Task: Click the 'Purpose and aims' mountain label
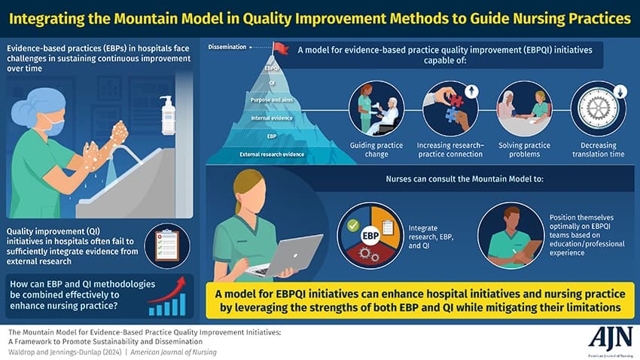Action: point(273,99)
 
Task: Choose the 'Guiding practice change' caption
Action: point(376,149)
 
